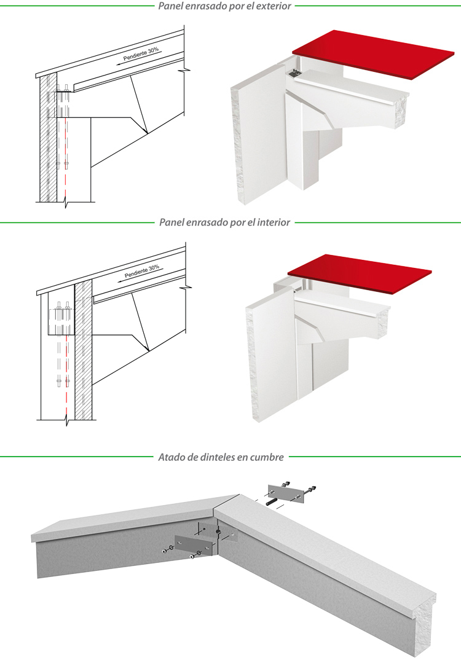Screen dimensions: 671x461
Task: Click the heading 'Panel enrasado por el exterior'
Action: coord(224,6)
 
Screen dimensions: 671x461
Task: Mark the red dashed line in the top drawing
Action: coord(63,154)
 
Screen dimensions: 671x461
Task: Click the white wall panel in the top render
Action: coord(258,141)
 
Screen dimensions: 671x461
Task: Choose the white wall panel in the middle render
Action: coord(274,356)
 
